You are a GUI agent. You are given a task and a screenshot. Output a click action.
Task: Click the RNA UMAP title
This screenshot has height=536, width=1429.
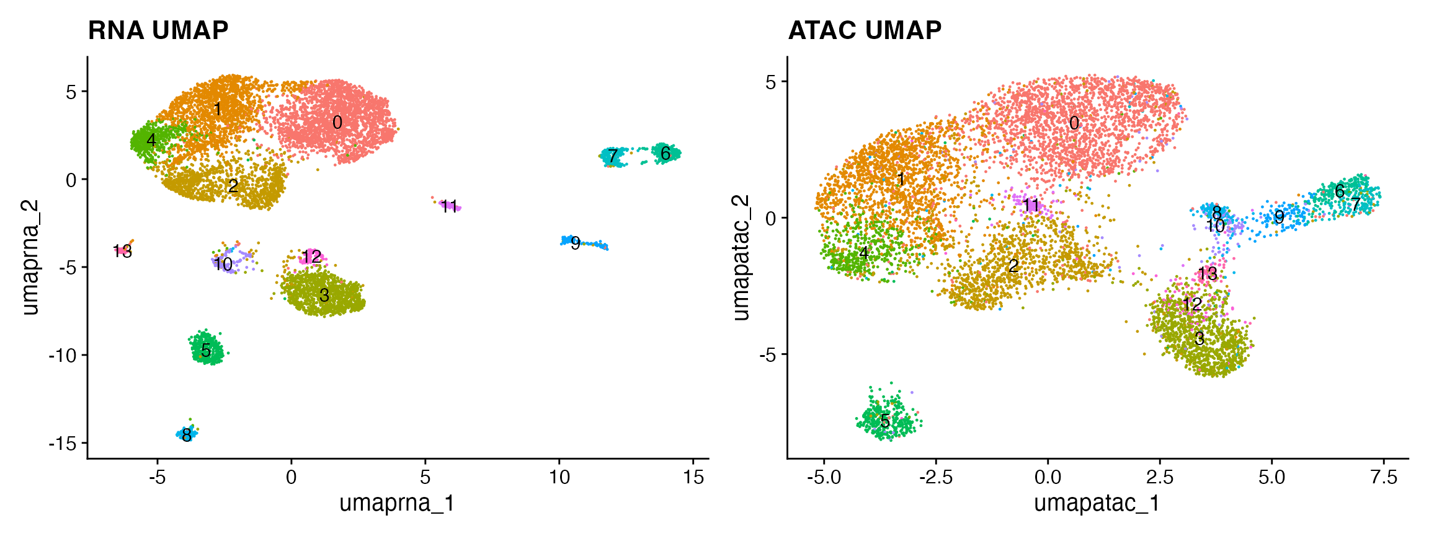point(158,30)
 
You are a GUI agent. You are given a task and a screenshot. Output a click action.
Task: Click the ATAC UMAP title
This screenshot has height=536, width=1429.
point(864,30)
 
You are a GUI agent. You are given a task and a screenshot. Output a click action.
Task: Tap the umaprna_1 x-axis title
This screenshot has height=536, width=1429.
point(397,503)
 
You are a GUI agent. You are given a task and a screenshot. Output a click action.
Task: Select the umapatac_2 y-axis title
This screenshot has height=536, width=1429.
point(741,257)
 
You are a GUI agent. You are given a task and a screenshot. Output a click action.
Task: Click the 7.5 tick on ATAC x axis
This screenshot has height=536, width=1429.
point(1384,478)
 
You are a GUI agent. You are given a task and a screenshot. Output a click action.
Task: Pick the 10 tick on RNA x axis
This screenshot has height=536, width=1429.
point(559,478)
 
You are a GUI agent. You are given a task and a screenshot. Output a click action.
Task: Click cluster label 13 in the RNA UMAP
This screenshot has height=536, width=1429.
point(123,251)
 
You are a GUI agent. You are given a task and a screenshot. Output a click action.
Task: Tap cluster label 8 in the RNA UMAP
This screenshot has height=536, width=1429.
point(186,436)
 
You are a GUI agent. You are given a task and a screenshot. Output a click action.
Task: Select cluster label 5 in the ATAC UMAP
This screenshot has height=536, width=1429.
point(885,421)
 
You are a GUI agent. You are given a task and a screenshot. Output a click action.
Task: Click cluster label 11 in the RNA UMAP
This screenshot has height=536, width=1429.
point(449,206)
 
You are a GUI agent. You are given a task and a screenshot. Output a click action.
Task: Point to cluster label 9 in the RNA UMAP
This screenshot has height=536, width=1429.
point(576,244)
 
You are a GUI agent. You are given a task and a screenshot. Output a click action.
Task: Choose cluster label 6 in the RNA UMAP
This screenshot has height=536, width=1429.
point(666,153)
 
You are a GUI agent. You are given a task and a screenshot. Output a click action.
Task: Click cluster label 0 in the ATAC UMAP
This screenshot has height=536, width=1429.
point(1074,123)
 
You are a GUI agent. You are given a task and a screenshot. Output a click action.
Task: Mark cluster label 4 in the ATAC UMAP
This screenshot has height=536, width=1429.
point(863,253)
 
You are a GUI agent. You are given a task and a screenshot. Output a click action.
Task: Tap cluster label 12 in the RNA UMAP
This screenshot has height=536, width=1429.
point(312,257)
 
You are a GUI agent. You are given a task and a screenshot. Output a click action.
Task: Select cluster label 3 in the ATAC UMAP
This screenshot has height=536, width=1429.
point(1200,339)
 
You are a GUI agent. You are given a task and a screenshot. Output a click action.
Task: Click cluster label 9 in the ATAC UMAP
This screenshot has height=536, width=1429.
point(1279,217)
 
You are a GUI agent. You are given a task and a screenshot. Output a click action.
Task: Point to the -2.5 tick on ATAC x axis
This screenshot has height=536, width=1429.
point(936,478)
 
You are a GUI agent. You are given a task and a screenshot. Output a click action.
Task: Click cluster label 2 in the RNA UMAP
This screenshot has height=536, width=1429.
point(233,186)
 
